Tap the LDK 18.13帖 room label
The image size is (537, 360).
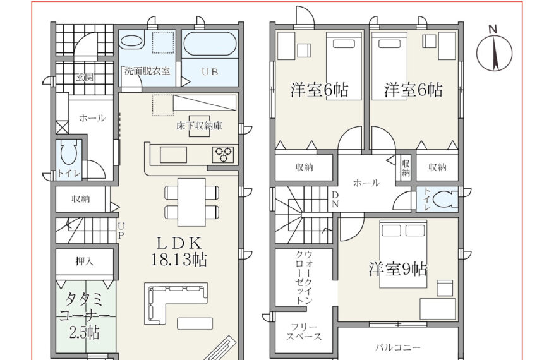coord(179,252)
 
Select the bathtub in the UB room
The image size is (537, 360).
coord(210,44)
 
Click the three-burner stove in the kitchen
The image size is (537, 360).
coord(223,155)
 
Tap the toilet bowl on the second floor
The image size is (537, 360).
coord(445,198)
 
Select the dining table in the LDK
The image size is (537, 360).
coord(192,202)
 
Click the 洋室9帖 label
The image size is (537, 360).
coord(398,269)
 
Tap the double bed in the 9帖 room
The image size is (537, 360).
coord(403,254)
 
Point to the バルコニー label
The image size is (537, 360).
coord(397,347)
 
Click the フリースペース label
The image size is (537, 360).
coord(304,332)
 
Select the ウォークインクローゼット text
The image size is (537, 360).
coord(304,277)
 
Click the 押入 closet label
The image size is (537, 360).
coord(84,261)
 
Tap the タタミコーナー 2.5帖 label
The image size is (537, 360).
coord(84,316)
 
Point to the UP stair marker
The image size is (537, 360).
coord(121,231)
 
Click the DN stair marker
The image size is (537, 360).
coord(335,200)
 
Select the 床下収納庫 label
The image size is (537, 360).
coord(199,126)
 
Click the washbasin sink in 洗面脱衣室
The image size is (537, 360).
coord(132,41)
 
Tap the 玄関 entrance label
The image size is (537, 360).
coord(84,77)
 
